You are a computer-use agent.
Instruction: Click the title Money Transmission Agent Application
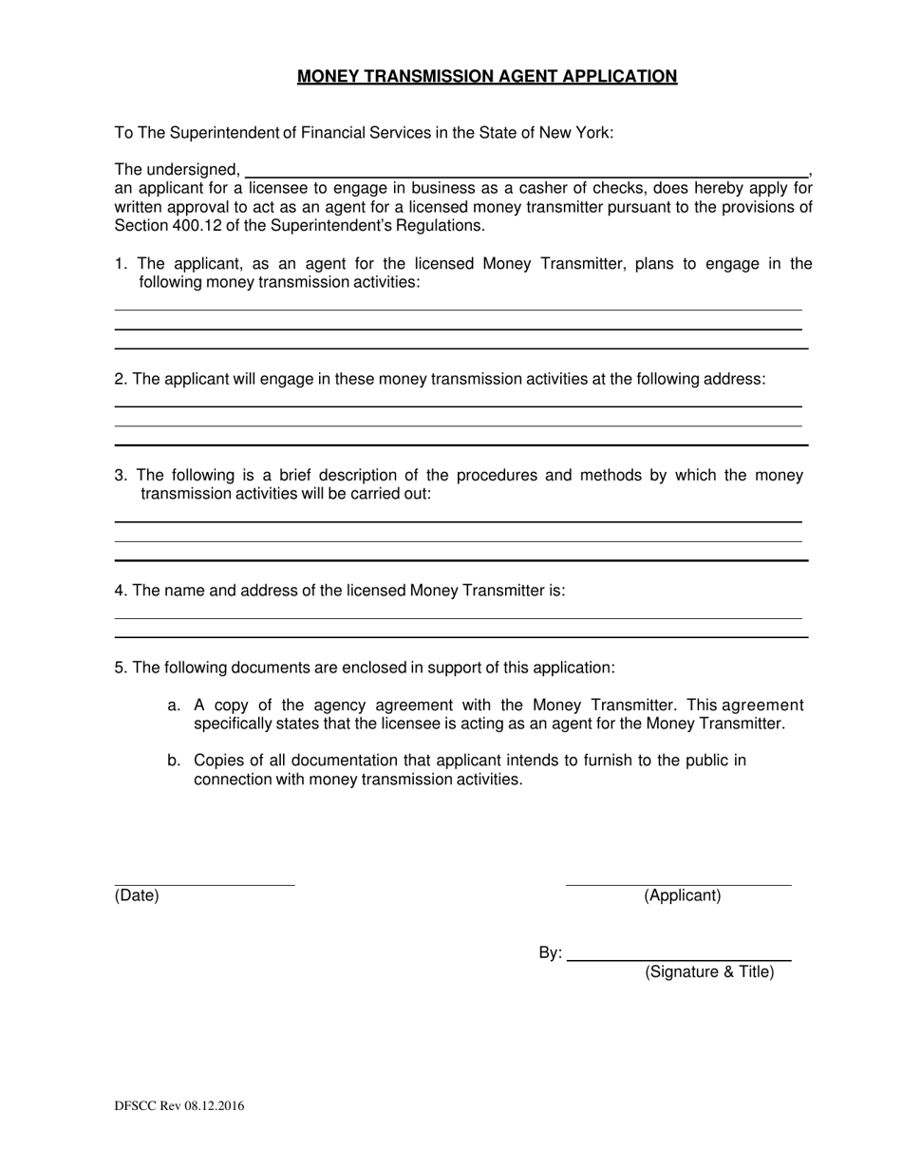487,77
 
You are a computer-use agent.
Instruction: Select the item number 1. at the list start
121,264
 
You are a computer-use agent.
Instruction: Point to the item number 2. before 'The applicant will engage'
121,379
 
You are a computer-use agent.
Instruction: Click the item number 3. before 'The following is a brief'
121,476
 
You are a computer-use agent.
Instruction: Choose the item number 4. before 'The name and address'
121,591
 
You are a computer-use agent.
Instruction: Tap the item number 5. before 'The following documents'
121,668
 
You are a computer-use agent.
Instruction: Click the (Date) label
137,895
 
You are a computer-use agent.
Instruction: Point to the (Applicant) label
683,895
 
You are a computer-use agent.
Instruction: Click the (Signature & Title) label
709,971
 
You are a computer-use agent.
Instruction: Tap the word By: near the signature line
551,953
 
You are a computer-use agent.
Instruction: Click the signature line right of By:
679,960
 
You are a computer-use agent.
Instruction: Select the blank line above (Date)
204,885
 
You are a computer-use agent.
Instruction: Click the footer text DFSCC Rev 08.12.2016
179,1105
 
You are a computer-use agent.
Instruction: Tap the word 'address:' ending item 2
736,379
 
